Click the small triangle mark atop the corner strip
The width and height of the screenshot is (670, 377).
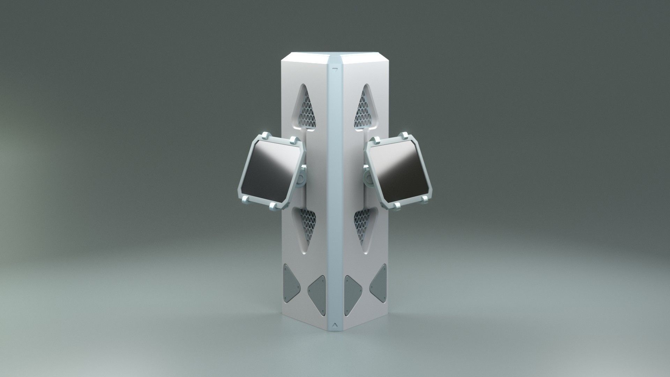(335, 69)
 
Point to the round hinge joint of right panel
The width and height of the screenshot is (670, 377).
(368, 179)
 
